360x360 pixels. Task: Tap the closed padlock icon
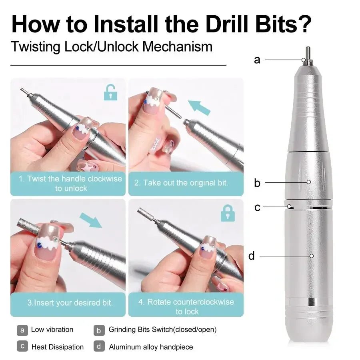pos(228,213)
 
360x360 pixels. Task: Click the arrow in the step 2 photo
pos(199,108)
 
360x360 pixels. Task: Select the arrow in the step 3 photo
pos(91,220)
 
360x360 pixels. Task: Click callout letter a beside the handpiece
pos(257,60)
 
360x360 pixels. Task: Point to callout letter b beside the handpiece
pos(257,183)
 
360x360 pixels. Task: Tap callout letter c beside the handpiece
pos(257,207)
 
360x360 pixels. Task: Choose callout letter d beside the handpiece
pos(251,256)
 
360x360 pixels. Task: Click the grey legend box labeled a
pos(22,330)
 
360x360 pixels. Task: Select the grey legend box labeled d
pos(99,346)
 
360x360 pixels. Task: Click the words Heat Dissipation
pos(58,347)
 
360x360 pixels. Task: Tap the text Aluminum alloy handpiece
pos(151,347)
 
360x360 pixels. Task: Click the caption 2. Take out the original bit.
pos(181,183)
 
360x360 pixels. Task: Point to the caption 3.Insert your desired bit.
pos(70,303)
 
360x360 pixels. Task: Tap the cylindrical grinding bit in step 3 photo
pos(28,228)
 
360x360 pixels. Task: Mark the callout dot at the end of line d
pos(311,256)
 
